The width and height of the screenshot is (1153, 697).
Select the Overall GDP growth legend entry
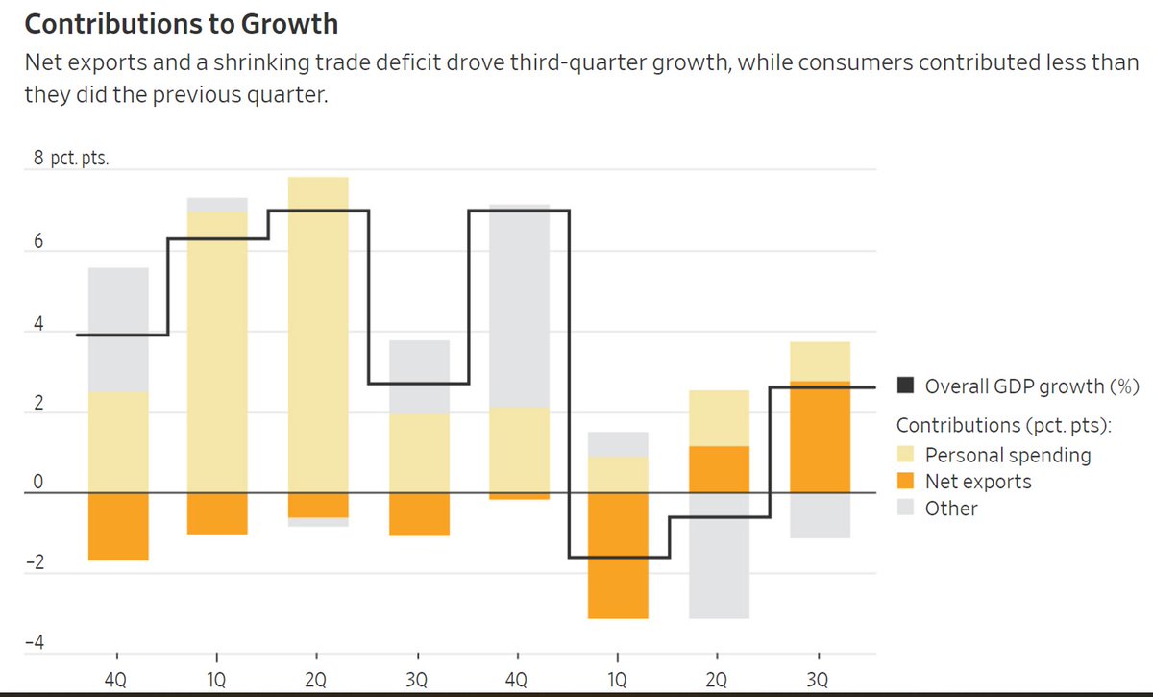(1031, 386)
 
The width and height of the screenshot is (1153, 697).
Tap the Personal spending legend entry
(1008, 455)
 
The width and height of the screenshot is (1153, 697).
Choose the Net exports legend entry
(977, 482)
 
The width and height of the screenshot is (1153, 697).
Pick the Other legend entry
(950, 509)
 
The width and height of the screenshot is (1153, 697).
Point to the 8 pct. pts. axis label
(71, 159)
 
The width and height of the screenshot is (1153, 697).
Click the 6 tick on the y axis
(38, 243)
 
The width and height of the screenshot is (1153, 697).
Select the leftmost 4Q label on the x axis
(115, 681)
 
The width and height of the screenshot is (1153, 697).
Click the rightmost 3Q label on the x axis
(818, 681)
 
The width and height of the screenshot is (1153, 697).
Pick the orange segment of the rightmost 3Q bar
(819, 437)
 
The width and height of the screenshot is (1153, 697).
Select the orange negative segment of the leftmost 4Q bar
(118, 526)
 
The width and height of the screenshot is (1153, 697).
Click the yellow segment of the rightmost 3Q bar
(819, 361)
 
